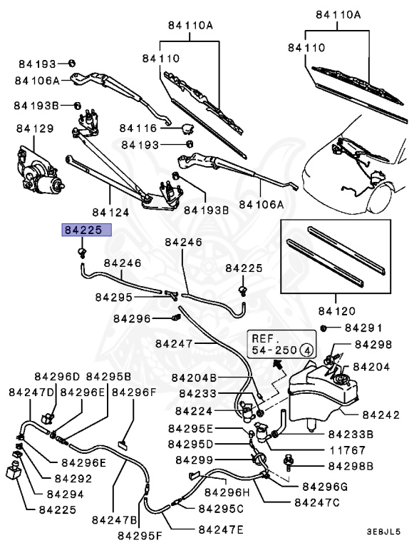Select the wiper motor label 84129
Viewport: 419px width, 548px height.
[x=35, y=128]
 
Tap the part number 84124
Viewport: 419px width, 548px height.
[x=110, y=212]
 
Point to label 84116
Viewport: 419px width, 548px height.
[x=138, y=128]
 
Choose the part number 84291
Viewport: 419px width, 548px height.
[x=363, y=328]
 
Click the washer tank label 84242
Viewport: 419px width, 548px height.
[x=381, y=415]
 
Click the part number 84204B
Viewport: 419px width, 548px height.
[x=194, y=377]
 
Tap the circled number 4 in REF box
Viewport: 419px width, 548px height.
[x=305, y=350]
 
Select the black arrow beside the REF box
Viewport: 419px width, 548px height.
[x=276, y=365]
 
